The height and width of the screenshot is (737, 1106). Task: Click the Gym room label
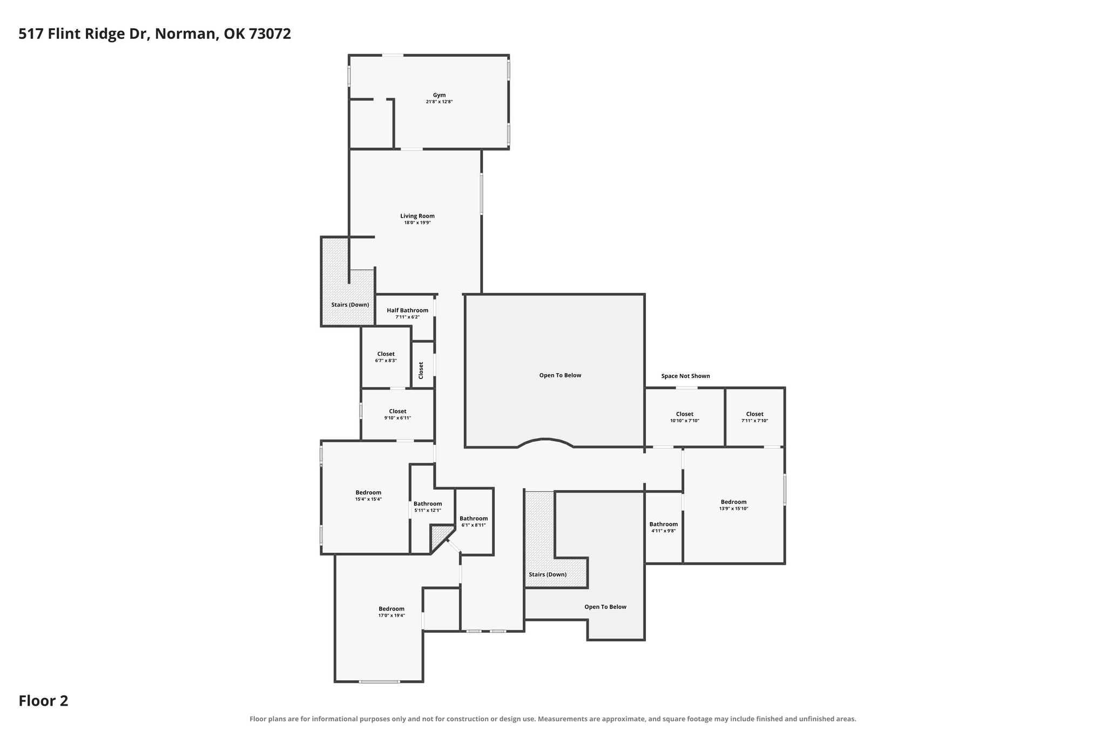pyautogui.click(x=439, y=95)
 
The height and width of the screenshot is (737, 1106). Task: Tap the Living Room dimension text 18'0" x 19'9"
pyautogui.click(x=417, y=222)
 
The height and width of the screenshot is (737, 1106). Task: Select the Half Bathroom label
pyautogui.click(x=407, y=310)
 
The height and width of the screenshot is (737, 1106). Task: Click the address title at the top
pyautogui.click(x=155, y=34)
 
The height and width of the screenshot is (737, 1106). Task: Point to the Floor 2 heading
pyautogui.click(x=43, y=701)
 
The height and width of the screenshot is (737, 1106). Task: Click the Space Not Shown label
pyautogui.click(x=685, y=376)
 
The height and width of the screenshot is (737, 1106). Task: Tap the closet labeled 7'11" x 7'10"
pyautogui.click(x=754, y=417)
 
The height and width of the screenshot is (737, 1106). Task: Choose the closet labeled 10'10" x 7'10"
pyautogui.click(x=685, y=417)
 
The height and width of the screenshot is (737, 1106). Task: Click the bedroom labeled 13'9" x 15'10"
pyautogui.click(x=733, y=505)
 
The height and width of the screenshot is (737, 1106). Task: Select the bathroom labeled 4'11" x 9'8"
pyautogui.click(x=663, y=527)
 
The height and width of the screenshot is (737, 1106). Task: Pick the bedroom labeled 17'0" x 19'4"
pyautogui.click(x=392, y=612)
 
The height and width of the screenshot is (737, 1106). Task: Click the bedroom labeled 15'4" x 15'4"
pyautogui.click(x=368, y=496)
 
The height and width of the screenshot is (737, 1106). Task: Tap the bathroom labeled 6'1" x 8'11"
pyautogui.click(x=474, y=522)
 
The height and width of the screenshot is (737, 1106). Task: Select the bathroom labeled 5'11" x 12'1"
pyautogui.click(x=428, y=507)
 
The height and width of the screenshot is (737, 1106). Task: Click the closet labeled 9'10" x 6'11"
pyautogui.click(x=397, y=414)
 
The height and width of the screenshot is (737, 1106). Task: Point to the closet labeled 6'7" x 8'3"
pyautogui.click(x=386, y=357)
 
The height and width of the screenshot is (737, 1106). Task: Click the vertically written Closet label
pyautogui.click(x=421, y=370)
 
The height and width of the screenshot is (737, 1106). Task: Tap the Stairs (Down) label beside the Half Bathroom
pyautogui.click(x=350, y=305)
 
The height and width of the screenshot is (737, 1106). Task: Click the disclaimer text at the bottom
pyautogui.click(x=552, y=719)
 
